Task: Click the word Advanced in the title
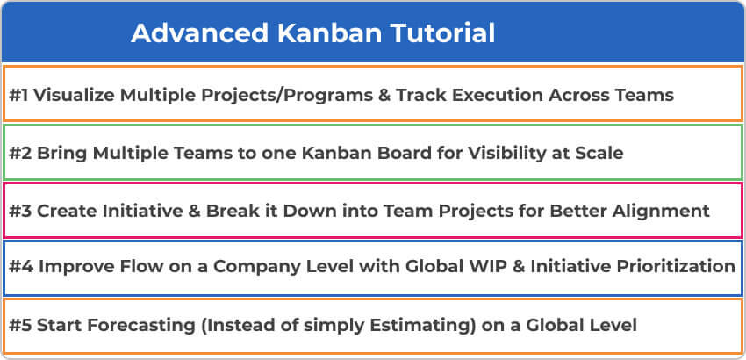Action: coord(200,33)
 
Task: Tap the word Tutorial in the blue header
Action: coord(442,33)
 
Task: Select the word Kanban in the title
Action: coord(329,33)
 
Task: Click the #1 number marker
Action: coord(18,95)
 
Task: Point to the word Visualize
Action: coord(75,95)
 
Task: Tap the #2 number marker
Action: coord(20,154)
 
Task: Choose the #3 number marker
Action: coord(20,211)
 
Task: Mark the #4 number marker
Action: coord(21,267)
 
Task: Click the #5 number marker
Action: coord(20,325)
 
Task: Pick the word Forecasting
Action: coord(140,326)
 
